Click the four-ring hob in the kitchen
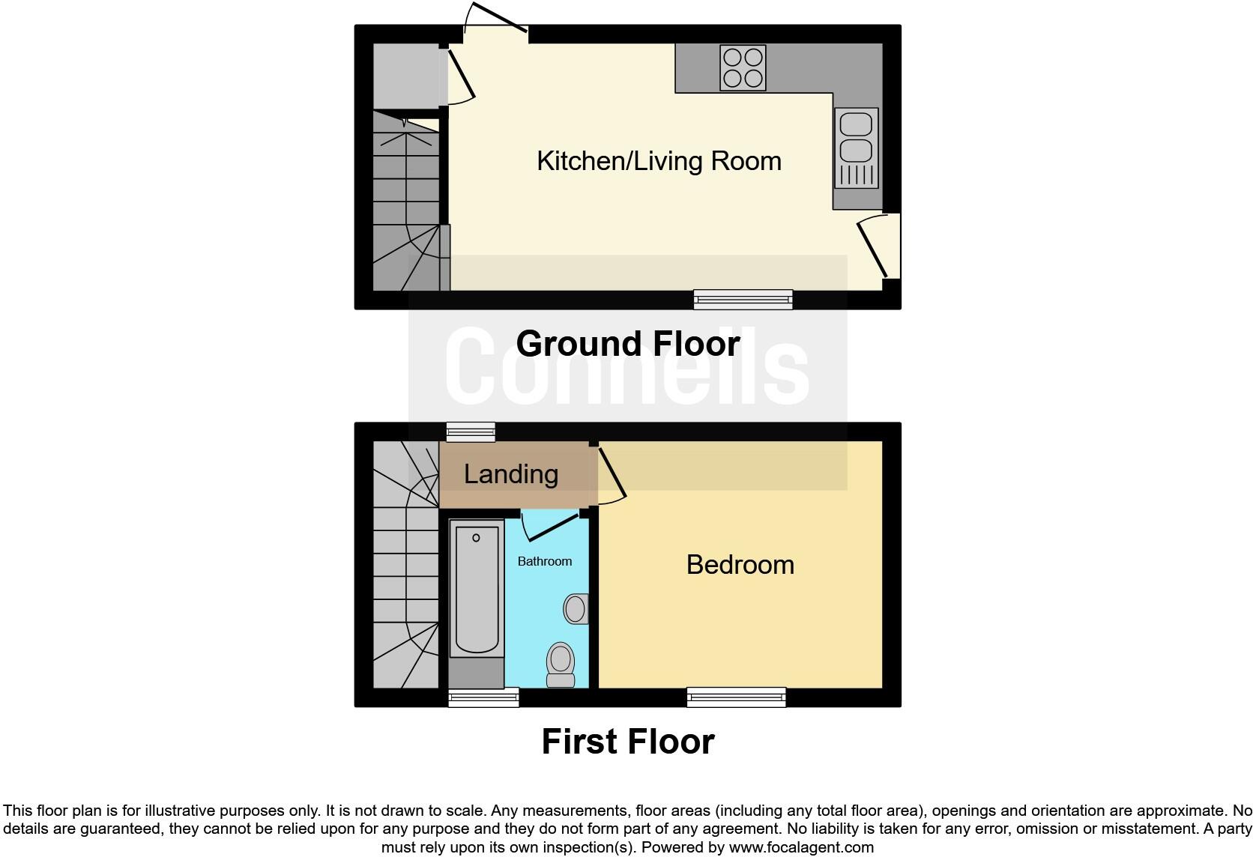[743, 68]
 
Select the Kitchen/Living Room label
[659, 161]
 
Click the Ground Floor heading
[628, 344]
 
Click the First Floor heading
[628, 742]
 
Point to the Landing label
[511, 474]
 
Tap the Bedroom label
[740, 564]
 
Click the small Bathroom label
[545, 561]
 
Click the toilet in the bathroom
[561, 664]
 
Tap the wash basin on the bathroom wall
[576, 608]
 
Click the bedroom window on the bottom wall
[737, 697]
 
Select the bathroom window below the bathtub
[483, 697]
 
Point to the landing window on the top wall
[471, 431]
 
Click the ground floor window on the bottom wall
[743, 300]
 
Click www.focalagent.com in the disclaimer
[801, 848]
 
